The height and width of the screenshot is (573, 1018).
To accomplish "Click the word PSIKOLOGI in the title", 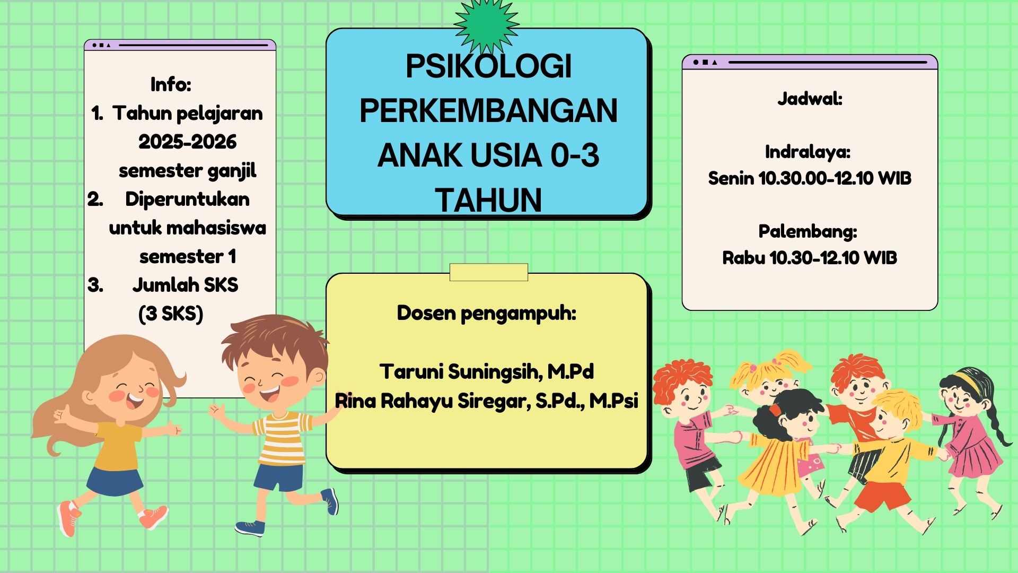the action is point(488,67).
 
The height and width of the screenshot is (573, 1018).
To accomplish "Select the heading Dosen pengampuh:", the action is point(486,314).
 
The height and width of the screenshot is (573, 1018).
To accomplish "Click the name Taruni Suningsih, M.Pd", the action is point(486,371).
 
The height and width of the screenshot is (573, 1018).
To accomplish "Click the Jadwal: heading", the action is point(810,99).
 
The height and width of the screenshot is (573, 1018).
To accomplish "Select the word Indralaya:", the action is point(808,152).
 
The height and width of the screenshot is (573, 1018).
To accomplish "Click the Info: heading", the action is point(171,84).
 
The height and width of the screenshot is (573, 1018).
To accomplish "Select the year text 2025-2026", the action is point(187,142).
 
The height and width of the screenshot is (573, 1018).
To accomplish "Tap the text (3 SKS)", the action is point(171,314).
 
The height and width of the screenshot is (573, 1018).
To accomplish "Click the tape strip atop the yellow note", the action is point(488,272).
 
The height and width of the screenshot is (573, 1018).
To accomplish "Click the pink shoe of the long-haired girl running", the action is point(69,517).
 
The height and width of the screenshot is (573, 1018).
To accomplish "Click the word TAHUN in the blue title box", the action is point(488,200).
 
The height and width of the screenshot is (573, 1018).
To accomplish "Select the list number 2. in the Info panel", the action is point(95,199).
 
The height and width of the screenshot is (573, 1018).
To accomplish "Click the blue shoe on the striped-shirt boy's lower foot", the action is point(250,527).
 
